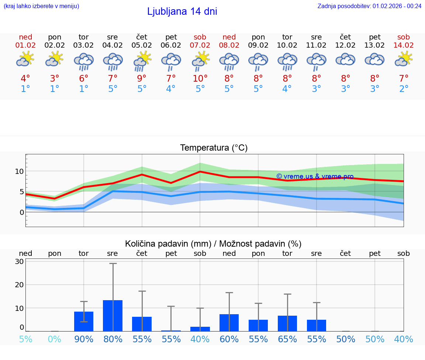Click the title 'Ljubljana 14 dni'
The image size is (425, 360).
tap(182, 11)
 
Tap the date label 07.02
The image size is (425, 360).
tap(200, 45)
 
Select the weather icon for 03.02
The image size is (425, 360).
tap(84, 62)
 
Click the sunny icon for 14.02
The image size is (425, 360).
tap(404, 59)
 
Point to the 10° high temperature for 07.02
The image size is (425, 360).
tap(200, 79)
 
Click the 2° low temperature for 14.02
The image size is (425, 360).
tap(404, 89)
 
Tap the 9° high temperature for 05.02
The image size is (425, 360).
tap(142, 79)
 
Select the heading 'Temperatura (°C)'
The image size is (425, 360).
tap(214, 148)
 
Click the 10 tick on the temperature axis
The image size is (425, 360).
tap(20, 171)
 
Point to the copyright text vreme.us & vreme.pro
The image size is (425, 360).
tap(315, 176)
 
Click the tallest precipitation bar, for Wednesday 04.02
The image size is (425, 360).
tap(113, 315)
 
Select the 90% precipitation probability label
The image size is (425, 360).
tap(84, 339)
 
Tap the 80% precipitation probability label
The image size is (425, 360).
tap(113, 339)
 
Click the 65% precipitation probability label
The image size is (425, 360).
tap(287, 339)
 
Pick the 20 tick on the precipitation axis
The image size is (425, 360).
tap(20, 285)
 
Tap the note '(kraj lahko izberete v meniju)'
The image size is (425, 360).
tap(41, 6)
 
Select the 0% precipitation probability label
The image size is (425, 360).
tap(55, 339)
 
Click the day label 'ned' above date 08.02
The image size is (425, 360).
tap(229, 37)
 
